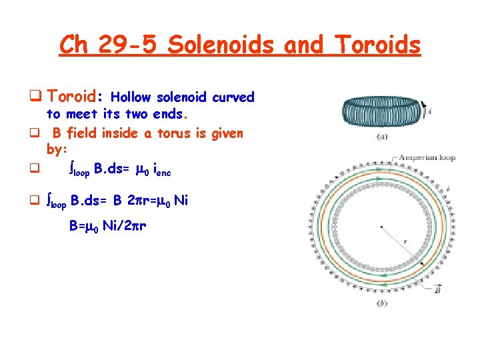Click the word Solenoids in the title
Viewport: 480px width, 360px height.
221,45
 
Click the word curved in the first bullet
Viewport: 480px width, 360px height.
233,97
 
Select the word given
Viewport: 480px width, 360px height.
227,133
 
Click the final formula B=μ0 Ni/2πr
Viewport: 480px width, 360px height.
108,226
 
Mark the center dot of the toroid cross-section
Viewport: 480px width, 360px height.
381,227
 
